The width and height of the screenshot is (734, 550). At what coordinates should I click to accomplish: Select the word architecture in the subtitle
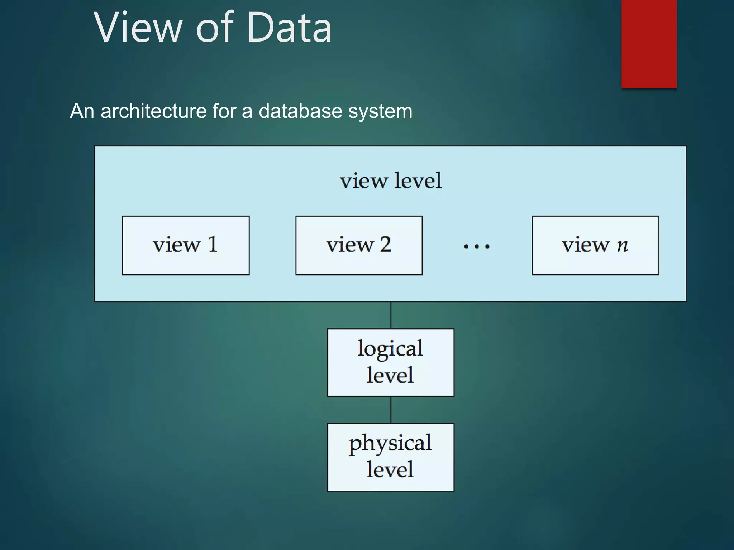point(153,111)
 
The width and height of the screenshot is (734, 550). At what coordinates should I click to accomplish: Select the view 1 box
point(186,245)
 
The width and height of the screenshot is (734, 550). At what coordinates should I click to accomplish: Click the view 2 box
point(359,245)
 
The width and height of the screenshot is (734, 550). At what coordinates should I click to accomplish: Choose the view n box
point(595,245)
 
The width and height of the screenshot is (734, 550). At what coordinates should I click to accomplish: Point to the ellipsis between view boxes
point(476,246)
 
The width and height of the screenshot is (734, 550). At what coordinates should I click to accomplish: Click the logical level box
point(390,362)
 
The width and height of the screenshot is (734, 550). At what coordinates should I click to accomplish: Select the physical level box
point(390,457)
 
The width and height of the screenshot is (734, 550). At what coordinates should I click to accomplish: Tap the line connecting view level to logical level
point(391,315)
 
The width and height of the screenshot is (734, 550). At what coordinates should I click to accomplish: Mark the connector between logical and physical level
point(391,410)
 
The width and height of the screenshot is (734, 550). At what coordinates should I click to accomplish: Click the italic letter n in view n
point(622,245)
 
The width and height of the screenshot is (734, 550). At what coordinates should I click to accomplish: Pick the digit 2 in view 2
point(385,245)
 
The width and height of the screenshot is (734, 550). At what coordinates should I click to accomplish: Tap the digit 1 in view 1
point(213,245)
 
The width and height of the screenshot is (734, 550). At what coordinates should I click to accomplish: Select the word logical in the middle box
point(390,349)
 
